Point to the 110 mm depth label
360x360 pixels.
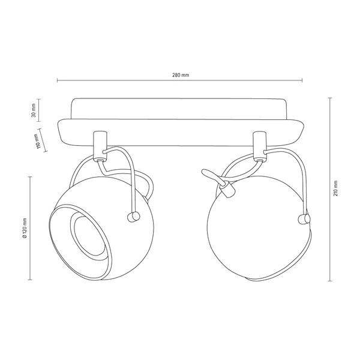pyautogui.click(x=38, y=143)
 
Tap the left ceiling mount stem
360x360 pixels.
pyautogui.click(x=100, y=144)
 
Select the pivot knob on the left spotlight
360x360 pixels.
pyautogui.click(x=131, y=217)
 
